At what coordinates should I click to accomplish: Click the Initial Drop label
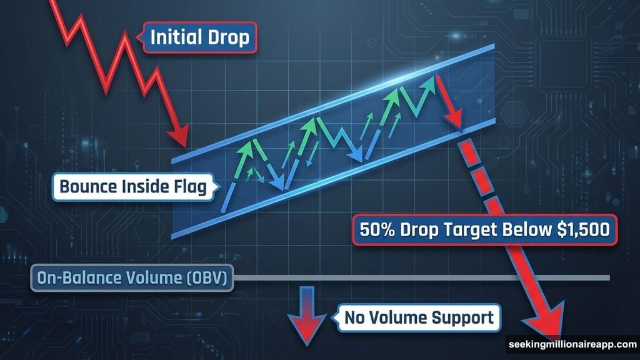pos(199,37)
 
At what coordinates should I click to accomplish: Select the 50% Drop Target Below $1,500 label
pos(484,229)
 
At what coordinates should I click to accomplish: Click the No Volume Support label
pos(418,317)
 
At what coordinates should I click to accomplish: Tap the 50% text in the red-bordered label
pos(376,229)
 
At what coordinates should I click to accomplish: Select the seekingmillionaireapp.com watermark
pos(572,344)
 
